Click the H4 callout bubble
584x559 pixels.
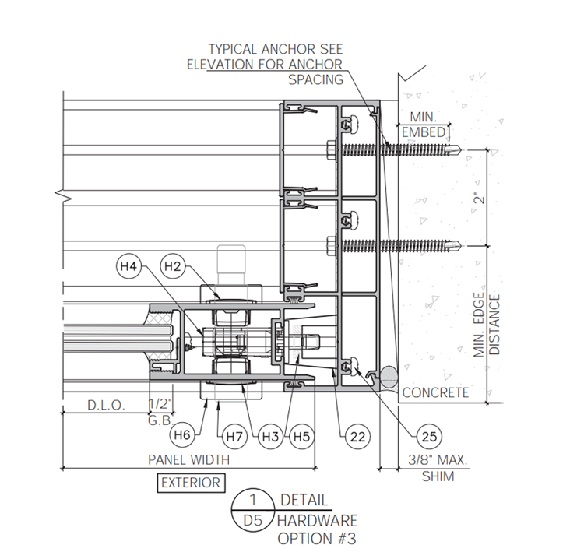click(x=128, y=266)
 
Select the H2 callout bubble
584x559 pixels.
click(x=172, y=266)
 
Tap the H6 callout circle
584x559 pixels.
click(x=182, y=434)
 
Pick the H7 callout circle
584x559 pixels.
click(x=234, y=437)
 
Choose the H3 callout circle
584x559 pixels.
click(x=271, y=437)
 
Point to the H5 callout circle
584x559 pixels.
click(x=301, y=437)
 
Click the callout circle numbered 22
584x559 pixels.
click(x=357, y=437)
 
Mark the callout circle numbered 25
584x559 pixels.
click(x=429, y=437)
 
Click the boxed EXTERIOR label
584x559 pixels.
click(x=191, y=483)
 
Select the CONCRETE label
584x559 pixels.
click(x=435, y=392)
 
